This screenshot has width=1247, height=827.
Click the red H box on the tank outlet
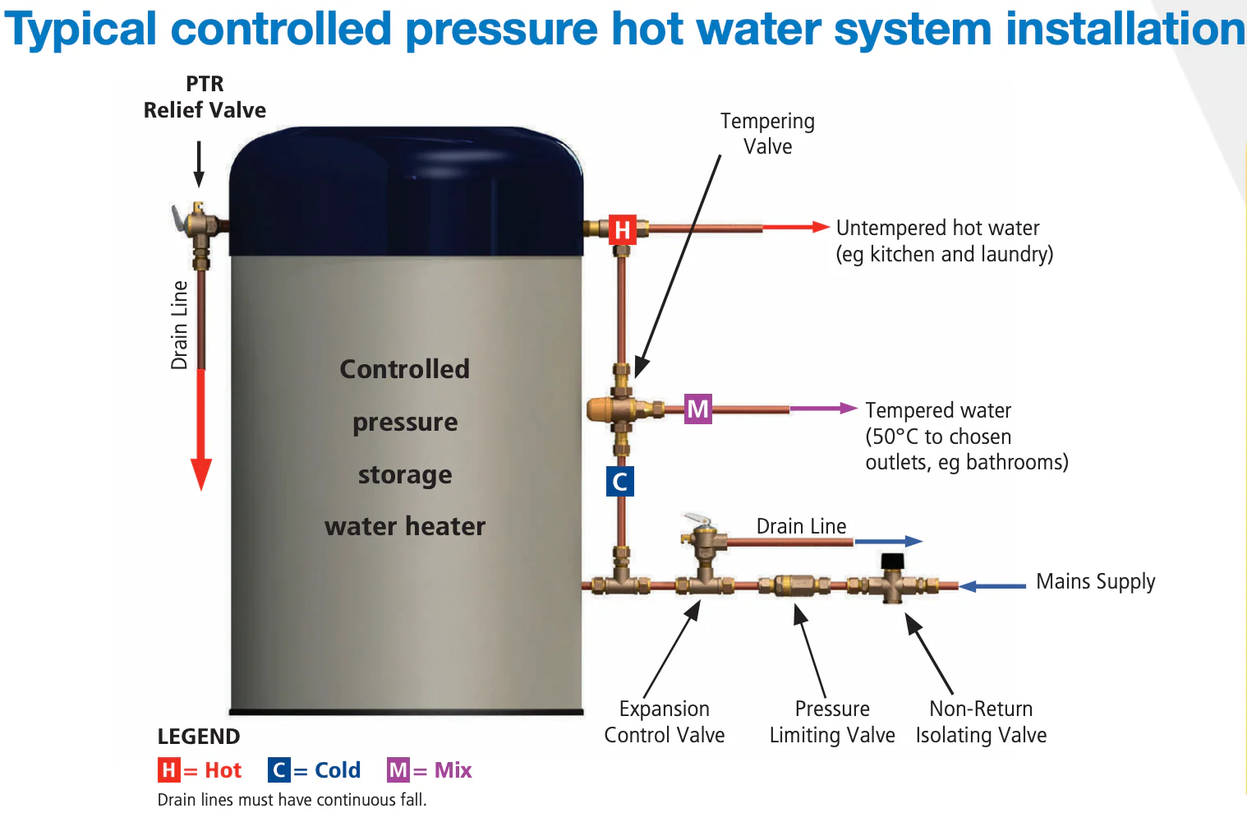point(622,229)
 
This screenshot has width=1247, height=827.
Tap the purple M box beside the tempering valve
point(698,409)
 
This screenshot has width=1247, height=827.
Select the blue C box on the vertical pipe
point(620,482)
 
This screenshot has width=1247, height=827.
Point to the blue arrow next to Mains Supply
point(992,586)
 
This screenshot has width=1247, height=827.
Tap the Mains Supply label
point(1095,581)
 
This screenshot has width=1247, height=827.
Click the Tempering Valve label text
point(767,134)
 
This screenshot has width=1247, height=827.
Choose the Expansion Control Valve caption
point(665,722)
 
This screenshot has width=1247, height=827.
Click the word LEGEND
point(199,737)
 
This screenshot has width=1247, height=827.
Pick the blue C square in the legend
point(278,770)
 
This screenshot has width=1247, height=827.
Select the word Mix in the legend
point(453,770)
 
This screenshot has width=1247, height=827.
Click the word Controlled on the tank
point(404,369)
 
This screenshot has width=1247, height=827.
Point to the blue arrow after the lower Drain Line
point(889,541)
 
